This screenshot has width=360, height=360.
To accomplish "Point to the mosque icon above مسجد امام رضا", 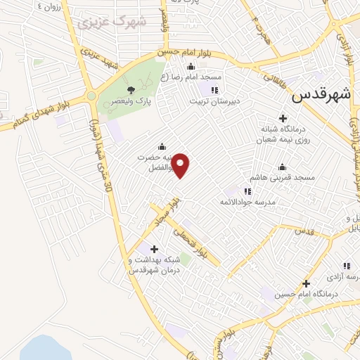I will point(191,67).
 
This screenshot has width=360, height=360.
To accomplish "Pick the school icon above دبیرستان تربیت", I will point(214,90).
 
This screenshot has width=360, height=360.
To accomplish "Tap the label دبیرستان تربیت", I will point(214,101).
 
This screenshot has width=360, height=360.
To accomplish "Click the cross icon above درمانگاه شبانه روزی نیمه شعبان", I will point(283,118).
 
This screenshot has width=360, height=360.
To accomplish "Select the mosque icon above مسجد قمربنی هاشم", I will point(283,167).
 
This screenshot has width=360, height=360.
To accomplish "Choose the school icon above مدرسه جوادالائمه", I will point(247,191).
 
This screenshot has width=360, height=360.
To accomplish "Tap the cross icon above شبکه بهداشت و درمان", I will point(154,248).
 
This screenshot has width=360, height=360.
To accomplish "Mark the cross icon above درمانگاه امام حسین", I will point(305,283).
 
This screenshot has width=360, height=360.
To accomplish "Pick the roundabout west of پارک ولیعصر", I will point(91,96).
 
